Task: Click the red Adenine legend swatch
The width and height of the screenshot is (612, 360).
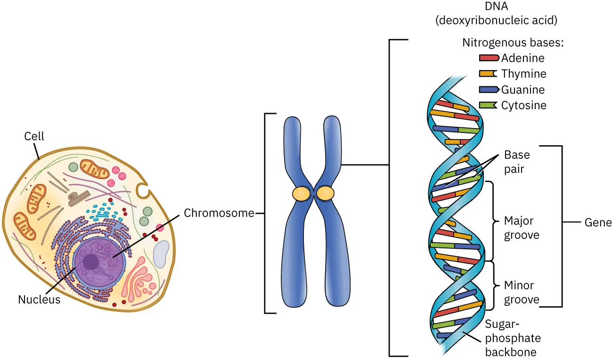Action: point(489,58)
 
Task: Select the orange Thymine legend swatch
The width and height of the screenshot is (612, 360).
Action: point(489,74)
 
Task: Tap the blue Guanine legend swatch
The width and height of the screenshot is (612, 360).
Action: point(489,89)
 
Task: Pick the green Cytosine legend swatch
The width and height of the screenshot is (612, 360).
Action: point(489,105)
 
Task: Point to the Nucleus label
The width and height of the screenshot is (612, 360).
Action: point(39,299)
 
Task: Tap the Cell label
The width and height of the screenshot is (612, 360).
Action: point(34,136)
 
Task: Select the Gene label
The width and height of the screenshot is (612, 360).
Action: point(598,222)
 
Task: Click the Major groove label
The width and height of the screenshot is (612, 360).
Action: point(522,228)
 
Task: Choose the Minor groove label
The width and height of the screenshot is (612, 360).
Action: point(522,292)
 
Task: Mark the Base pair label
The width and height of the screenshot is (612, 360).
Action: point(517,162)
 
